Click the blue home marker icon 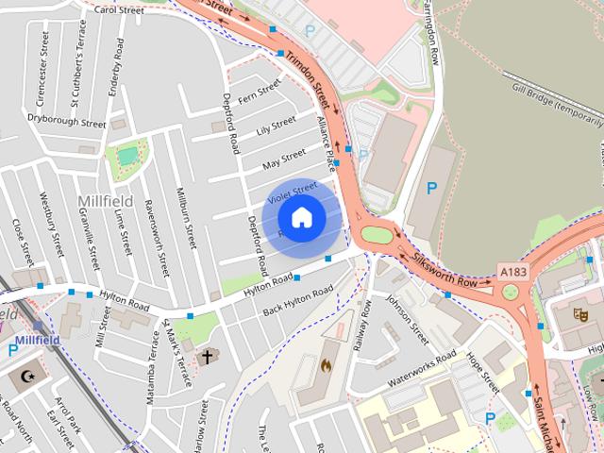(x=301, y=218)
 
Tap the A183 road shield (x=513, y=272)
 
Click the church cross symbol (x=208, y=357)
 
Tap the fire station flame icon (x=327, y=363)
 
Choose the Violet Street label (x=292, y=193)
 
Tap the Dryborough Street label (x=66, y=122)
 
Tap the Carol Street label (x=119, y=10)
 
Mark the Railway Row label (x=362, y=325)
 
